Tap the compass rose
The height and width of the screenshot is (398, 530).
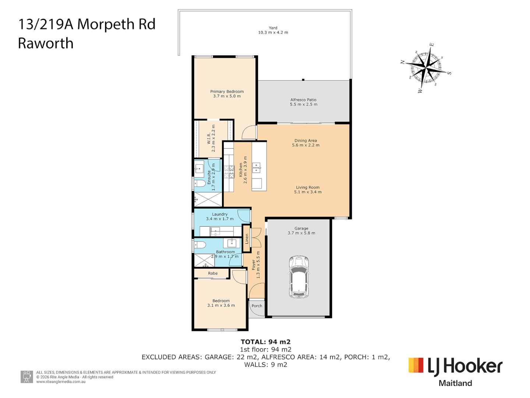coord(426,68)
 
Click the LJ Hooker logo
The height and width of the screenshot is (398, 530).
coord(455,366)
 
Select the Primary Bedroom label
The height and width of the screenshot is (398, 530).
coord(227,91)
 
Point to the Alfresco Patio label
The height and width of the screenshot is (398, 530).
coord(303,100)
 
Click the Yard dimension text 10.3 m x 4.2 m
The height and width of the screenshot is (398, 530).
coord(273,32)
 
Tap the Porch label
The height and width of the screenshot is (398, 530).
coord(257,306)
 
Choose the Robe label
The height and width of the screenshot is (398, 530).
coord(213,273)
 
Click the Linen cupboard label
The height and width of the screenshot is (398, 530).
coord(247,239)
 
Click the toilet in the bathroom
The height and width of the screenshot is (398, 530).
coord(200,245)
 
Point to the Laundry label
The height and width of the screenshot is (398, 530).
coord(220,214)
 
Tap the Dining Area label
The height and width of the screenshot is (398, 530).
coord(305,140)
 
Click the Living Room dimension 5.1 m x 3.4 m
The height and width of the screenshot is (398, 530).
coord(308,192)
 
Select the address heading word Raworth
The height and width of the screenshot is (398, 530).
coord(46,43)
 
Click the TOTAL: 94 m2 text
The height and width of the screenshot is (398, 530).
coord(265,342)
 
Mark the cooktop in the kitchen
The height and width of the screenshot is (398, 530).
coord(229,172)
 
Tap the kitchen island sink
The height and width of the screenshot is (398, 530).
coord(256,168)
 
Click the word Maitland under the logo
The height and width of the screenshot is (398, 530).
coord(455,383)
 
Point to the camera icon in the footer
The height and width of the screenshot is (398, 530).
coord(26,377)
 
